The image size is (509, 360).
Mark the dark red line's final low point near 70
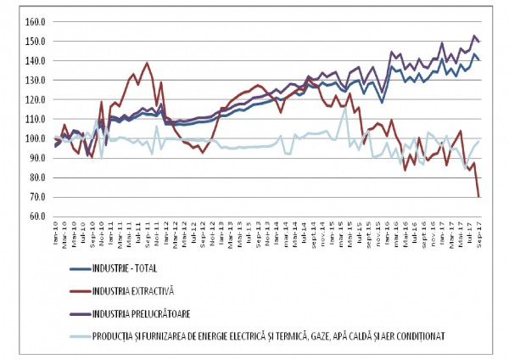pyautogui.click(x=479, y=197)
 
